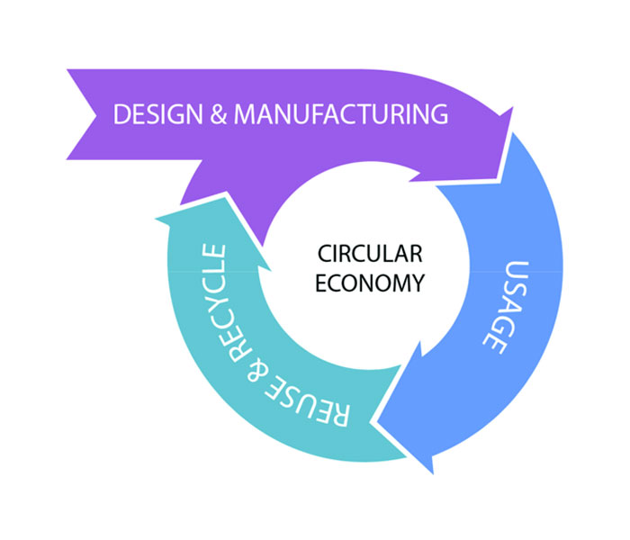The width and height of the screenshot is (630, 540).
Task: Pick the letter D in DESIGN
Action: point(120,114)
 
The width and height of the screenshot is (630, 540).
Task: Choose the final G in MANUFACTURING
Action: point(437,114)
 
